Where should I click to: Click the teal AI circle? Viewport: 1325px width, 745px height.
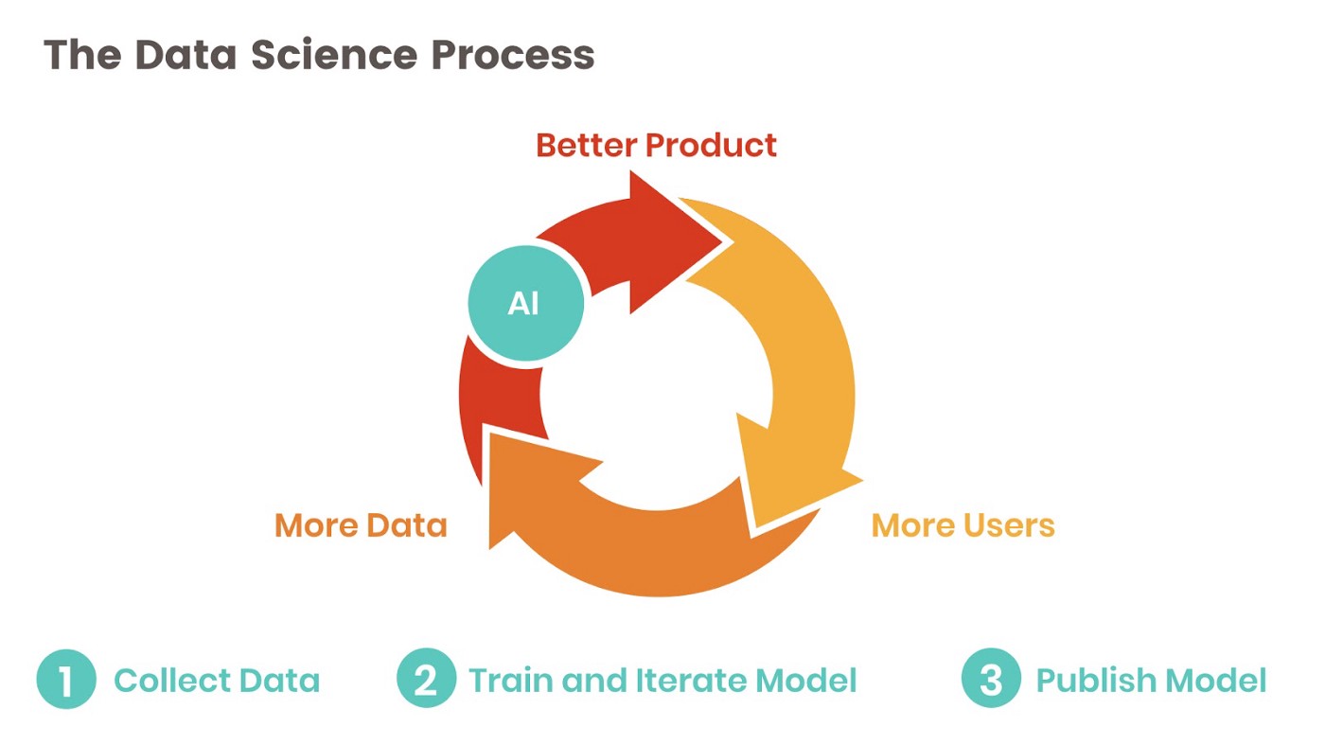[x=525, y=304]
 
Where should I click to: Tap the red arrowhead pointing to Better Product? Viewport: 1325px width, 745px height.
[x=674, y=242]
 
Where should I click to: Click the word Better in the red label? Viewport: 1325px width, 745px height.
[x=585, y=146]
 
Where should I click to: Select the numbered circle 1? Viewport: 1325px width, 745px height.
[x=66, y=680]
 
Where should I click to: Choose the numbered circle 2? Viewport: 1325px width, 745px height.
[x=426, y=680]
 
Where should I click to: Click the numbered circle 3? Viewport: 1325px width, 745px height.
[x=991, y=680]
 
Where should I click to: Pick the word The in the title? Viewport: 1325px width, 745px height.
[x=81, y=55]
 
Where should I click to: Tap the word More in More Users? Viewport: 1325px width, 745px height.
[x=910, y=524]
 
